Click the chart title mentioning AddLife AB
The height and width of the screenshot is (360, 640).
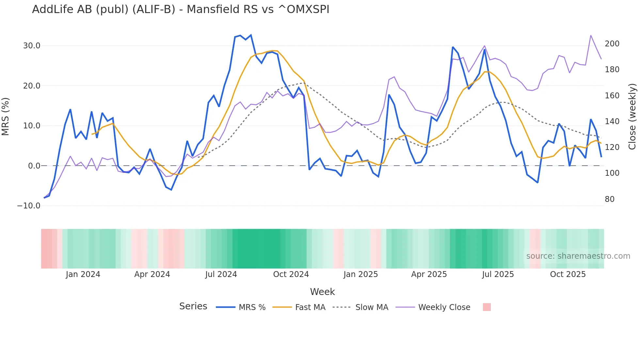point(181,9)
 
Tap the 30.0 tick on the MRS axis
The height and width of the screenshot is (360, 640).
point(32,46)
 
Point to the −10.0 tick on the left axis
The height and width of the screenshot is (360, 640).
point(29,206)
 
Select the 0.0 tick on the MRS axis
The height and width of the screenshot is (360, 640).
point(34,166)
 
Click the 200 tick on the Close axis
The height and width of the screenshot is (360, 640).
point(612,44)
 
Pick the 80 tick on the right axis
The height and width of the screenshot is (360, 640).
point(609,199)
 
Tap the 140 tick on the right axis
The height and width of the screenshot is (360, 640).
point(612,122)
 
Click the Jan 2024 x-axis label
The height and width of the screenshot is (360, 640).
point(83,274)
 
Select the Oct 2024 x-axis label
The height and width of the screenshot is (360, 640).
point(291,274)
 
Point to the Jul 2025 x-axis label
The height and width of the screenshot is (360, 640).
point(498,274)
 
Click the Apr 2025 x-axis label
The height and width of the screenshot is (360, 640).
point(429,274)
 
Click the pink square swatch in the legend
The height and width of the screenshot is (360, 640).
point(487,307)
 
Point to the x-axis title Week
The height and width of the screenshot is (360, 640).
point(322,292)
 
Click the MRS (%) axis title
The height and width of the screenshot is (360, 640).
point(6,117)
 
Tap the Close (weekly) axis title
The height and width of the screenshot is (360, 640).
point(632,117)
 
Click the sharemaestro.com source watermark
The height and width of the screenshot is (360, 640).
point(578,256)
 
